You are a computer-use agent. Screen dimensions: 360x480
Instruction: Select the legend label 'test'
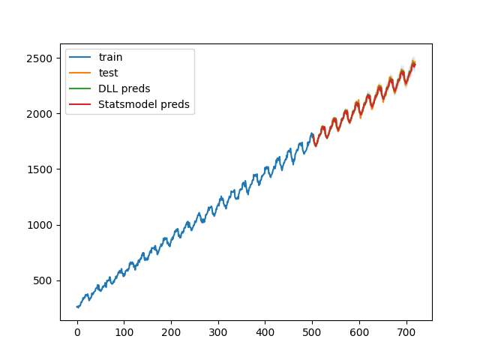[108, 73]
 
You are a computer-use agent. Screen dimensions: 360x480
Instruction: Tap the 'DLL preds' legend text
[124, 88]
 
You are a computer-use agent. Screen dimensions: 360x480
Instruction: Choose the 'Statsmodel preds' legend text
[143, 104]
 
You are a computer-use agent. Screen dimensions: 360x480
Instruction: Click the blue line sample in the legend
[82, 57]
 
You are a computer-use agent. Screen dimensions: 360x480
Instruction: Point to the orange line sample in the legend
[82, 73]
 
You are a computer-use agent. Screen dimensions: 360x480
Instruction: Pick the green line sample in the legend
[82, 88]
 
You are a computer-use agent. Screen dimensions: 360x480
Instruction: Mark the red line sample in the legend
[82, 104]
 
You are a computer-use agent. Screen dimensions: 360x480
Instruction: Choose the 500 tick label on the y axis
[43, 280]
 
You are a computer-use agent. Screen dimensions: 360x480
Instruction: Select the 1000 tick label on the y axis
[40, 225]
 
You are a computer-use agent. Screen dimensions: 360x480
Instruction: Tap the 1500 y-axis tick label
[40, 169]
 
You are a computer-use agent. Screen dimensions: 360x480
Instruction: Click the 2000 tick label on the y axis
[40, 114]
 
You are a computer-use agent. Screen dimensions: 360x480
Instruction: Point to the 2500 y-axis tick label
[40, 58]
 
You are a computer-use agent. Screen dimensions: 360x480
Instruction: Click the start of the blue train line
[77, 307]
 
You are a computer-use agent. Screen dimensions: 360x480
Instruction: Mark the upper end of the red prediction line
[414, 64]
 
